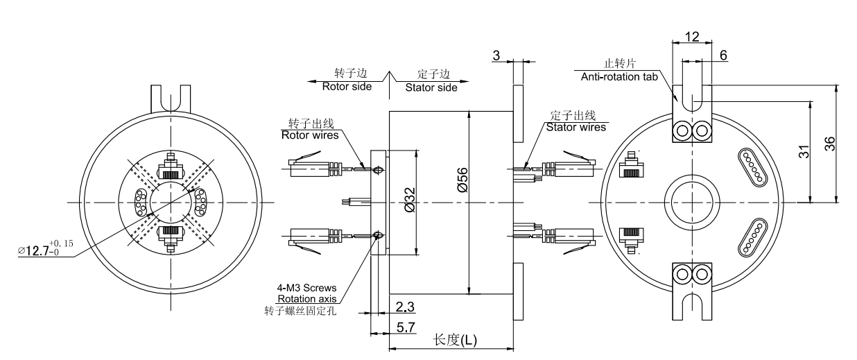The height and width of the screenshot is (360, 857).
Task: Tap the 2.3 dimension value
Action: pyautogui.click(x=406, y=306)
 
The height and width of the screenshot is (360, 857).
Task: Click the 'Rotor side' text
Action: pyautogui.click(x=346, y=87)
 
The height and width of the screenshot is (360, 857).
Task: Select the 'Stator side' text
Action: pyautogui.click(x=428, y=87)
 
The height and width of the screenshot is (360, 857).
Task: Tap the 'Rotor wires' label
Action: pyautogui.click(x=309, y=135)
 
